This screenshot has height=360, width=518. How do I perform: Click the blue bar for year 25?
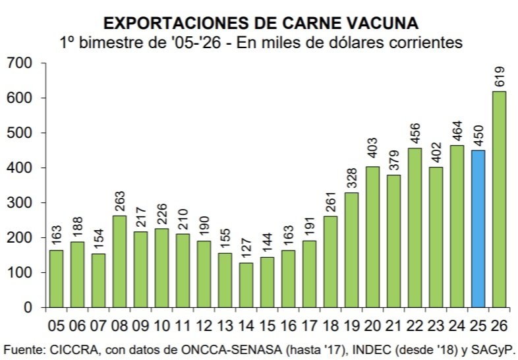click(478, 229)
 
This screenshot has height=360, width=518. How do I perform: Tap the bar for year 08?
click(119, 261)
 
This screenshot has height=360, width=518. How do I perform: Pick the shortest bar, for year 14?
click(246, 285)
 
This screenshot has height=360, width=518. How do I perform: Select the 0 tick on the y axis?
click(28, 307)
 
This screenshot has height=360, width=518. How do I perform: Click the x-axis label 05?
click(57, 325)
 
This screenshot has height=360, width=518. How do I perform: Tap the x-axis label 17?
click(309, 325)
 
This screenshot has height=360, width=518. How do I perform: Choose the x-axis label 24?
click(457, 325)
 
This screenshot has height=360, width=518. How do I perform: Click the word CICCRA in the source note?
click(71, 348)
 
